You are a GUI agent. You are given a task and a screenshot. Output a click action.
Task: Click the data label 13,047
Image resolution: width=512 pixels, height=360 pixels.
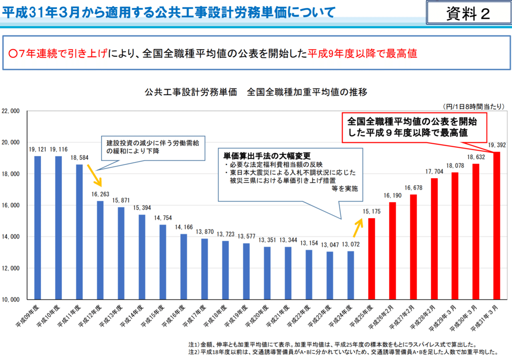tap(330, 244)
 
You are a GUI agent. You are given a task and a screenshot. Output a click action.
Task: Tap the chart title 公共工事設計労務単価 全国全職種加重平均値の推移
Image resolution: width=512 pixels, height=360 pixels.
tap(256, 92)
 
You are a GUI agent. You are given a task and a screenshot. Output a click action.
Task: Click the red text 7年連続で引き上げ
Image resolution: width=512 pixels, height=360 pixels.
tap(58, 54)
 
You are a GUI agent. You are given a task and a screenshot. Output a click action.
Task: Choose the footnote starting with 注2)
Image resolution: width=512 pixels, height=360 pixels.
tap(343, 352)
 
